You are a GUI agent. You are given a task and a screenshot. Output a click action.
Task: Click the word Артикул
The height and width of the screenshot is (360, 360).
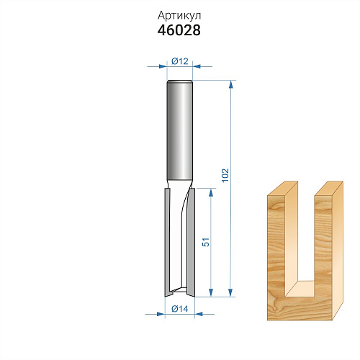tap(179, 16)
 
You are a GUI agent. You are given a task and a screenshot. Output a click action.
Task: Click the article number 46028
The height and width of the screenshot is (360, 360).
tap(179, 30)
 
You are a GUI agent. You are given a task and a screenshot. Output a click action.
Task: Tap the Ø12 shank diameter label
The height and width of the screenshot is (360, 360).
tap(180, 61)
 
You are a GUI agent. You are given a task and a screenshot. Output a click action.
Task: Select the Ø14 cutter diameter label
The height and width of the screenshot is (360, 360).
tap(180, 309)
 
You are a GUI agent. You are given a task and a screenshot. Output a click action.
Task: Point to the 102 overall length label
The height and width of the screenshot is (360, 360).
tap(225, 175)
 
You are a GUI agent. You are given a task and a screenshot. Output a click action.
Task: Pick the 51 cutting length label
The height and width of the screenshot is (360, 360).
tap(206, 242)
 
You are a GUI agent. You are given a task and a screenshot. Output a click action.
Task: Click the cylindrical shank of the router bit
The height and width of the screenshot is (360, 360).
tap(180, 130)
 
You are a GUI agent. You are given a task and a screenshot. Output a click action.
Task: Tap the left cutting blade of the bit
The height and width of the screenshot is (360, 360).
tap(167, 243)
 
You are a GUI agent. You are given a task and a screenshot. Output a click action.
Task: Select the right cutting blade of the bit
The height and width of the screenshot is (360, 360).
tap(191, 243)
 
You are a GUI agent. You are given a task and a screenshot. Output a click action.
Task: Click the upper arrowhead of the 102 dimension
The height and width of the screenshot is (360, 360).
tap(231, 84)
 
